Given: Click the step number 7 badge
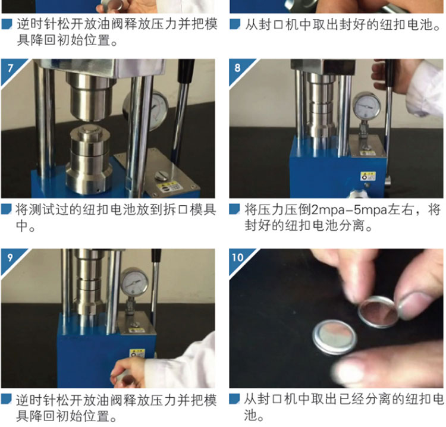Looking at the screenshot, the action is tap(10, 68).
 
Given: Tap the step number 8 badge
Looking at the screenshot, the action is tap(238, 68).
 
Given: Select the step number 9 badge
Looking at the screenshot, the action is tap(10, 258).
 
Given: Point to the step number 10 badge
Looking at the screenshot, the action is tap(238, 258).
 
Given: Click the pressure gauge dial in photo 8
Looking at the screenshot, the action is tap(367, 105).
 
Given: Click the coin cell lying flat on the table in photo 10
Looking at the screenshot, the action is tap(335, 337).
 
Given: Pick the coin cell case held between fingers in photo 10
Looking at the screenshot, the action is tap(378, 311).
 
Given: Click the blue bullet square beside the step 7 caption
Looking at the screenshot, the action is tap(7, 209).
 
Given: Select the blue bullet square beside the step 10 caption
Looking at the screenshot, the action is tap(235, 398).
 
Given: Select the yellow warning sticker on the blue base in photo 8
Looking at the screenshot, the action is tap(368, 176).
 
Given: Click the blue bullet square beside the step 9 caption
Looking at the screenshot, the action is tap(7, 399).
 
